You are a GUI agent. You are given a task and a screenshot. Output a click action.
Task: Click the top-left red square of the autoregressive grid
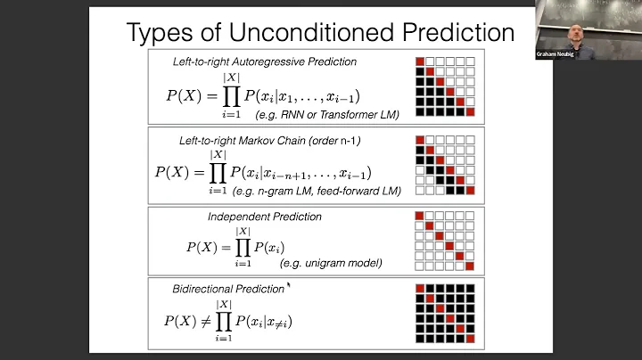tap(420, 61)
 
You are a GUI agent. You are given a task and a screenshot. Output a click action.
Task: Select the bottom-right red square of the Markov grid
tap(470, 190)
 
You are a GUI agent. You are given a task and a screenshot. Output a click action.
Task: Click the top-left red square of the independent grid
tap(420, 216)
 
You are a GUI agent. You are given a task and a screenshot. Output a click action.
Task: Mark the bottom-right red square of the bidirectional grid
tap(470, 339)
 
